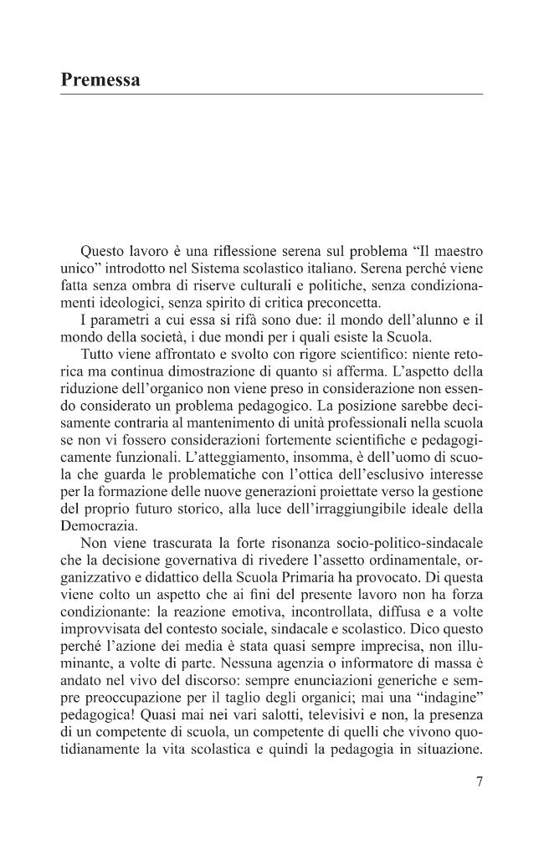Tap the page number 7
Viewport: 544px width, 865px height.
click(x=479, y=782)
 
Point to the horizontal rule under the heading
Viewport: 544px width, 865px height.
click(x=272, y=94)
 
